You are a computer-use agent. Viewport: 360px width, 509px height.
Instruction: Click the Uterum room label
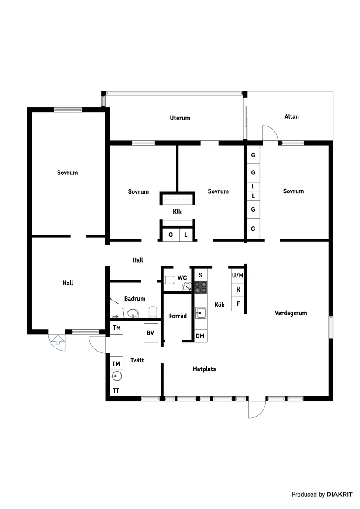[180, 118]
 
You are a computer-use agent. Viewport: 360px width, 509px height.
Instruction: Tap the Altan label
[291, 116]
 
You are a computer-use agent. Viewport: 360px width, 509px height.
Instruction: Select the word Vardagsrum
[291, 313]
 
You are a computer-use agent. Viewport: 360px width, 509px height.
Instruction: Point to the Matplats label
[204, 369]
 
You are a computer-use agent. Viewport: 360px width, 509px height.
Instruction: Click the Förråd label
[178, 316]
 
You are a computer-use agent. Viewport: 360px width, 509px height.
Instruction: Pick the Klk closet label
[177, 212]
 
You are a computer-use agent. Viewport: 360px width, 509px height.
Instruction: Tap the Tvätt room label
[137, 360]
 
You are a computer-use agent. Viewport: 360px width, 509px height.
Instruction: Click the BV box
[151, 333]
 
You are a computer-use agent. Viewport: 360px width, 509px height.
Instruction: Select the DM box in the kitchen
[200, 336]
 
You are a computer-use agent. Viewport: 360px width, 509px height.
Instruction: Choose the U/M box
[238, 275]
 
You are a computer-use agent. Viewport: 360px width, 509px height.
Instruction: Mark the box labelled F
[238, 304]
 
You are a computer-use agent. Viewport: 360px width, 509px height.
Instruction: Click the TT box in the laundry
[116, 390]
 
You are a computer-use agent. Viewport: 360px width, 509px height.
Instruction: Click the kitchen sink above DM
[201, 312]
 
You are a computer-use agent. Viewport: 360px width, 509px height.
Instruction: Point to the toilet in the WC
[170, 279]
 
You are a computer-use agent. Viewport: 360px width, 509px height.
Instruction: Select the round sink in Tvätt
[116, 376]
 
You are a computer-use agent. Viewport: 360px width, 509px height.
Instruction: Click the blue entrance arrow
[58, 339]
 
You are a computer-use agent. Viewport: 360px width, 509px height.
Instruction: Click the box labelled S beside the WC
[200, 275]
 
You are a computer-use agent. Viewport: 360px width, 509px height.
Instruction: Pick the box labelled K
[238, 290]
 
